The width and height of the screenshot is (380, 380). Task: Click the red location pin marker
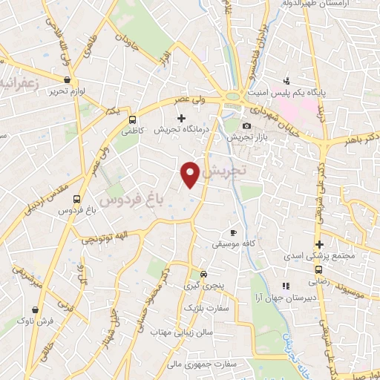pyautogui.click(x=191, y=174)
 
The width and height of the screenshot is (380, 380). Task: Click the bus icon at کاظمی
pyautogui.click(x=133, y=119)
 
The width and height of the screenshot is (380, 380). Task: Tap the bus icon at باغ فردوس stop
pyautogui.click(x=77, y=199)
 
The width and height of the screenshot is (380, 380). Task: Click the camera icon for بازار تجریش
pyautogui.click(x=246, y=126)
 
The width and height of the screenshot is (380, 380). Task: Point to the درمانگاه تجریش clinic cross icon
pyautogui.click(x=180, y=117)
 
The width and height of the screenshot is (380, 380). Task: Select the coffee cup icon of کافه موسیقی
pyautogui.click(x=235, y=232)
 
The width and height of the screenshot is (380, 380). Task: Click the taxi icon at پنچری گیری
pyautogui.click(x=194, y=273)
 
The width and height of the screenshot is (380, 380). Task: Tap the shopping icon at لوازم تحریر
pyautogui.click(x=68, y=79)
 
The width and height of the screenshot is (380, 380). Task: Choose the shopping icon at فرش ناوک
pyautogui.click(x=35, y=310)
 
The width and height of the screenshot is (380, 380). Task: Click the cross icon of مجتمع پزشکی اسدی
pyautogui.click(x=319, y=245)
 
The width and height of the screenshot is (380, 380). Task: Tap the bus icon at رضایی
pyautogui.click(x=318, y=270)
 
